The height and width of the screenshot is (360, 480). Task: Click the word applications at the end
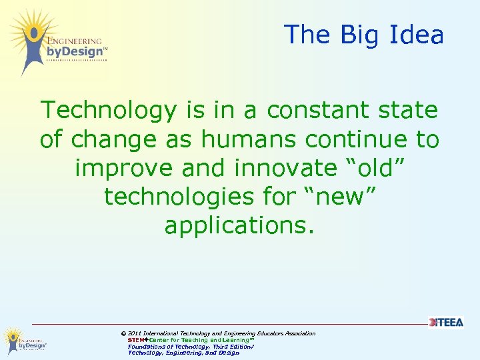[238, 226]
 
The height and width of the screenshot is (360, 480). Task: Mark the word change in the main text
[109, 139]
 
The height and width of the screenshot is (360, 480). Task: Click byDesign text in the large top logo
[75, 51]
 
